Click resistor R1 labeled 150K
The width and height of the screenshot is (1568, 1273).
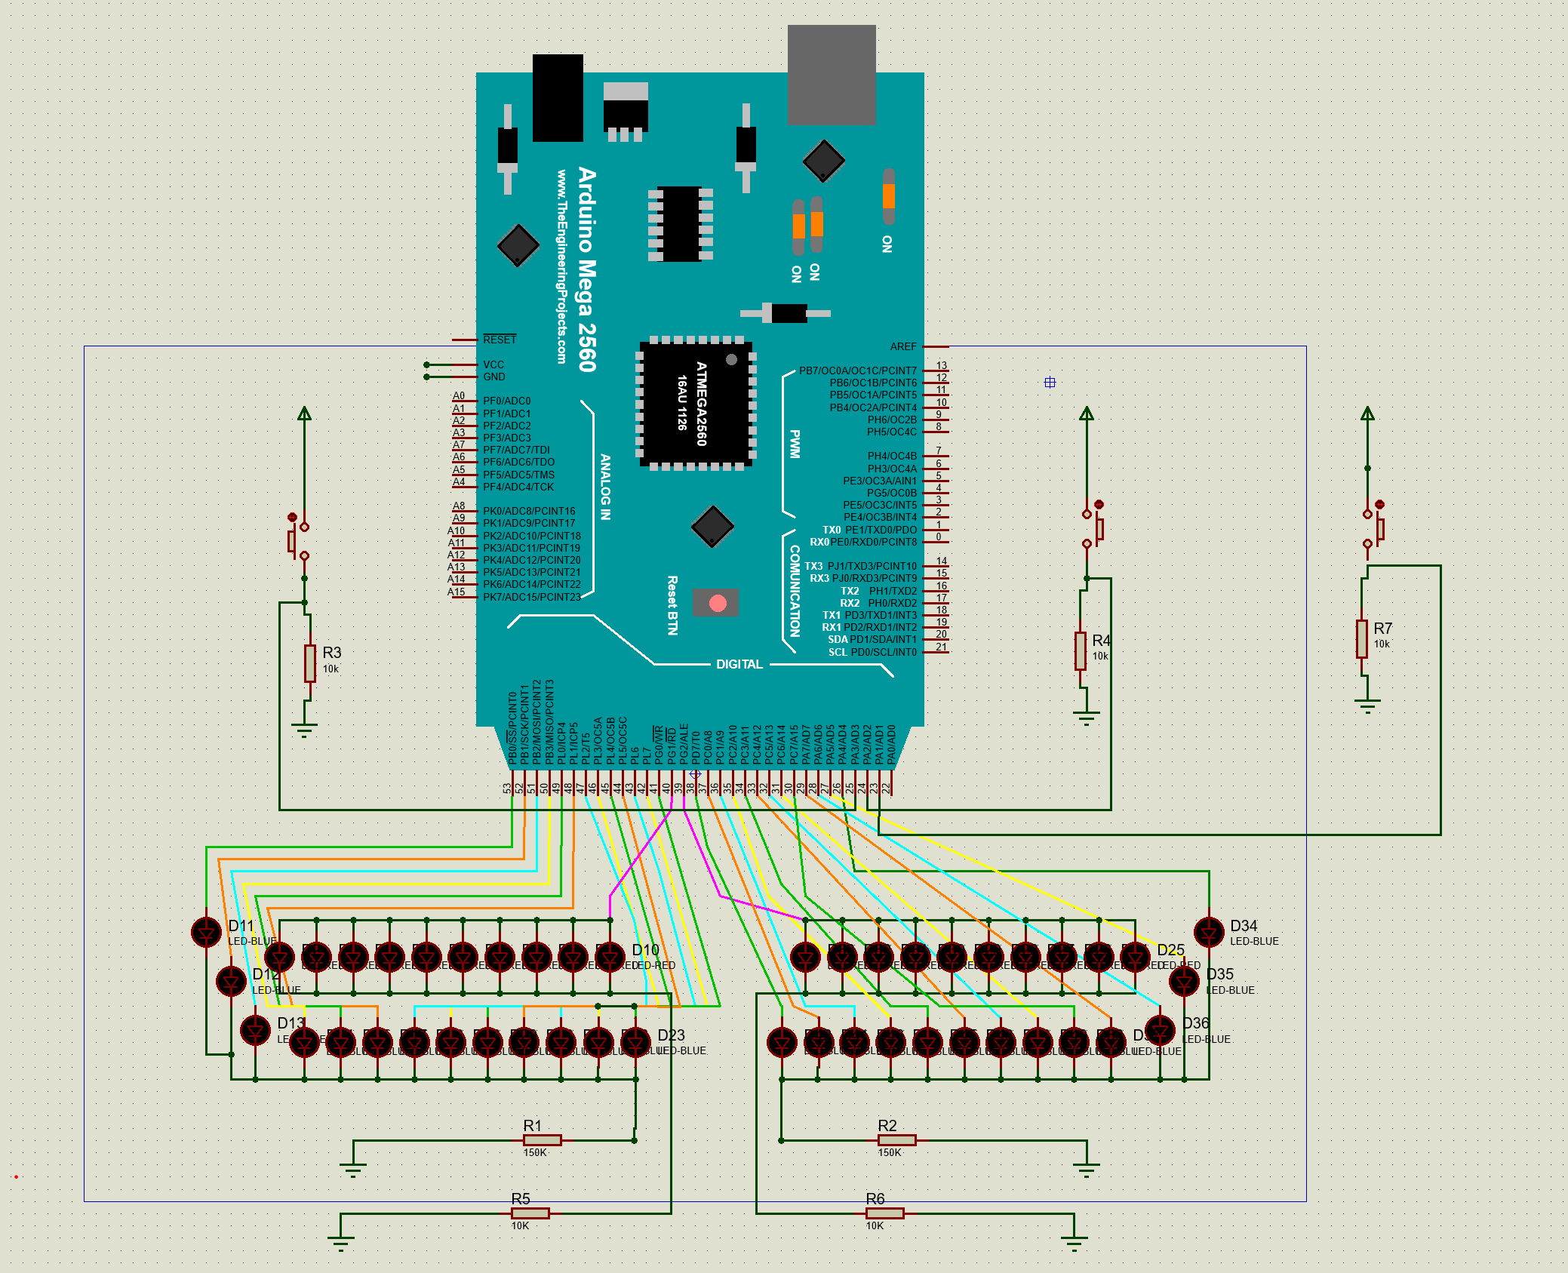click(x=542, y=1139)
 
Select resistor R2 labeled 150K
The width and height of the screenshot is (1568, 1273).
click(x=896, y=1139)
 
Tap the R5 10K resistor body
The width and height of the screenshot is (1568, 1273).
click(x=530, y=1213)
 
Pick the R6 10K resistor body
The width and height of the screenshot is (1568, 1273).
click(x=884, y=1213)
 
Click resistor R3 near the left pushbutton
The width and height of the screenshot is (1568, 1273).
click(x=309, y=663)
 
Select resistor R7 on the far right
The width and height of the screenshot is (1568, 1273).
click(x=1361, y=639)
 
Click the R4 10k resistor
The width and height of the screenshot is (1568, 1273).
click(x=1081, y=650)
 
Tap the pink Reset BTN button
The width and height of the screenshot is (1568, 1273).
click(x=718, y=603)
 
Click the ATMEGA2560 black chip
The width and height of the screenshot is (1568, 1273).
click(x=696, y=404)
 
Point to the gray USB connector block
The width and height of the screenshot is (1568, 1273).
click(x=832, y=74)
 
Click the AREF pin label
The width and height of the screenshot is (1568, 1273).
click(x=902, y=346)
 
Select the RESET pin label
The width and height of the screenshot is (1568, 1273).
click(x=500, y=340)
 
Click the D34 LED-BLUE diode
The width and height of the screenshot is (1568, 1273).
click(x=1209, y=933)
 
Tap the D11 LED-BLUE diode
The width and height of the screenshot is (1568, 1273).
click(x=206, y=933)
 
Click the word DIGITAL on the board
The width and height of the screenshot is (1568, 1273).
click(x=739, y=664)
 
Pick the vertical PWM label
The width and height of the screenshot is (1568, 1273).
click(x=795, y=444)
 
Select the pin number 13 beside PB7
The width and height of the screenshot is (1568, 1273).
click(x=941, y=365)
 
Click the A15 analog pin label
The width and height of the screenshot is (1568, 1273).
click(x=457, y=592)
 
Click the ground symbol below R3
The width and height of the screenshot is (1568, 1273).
click(x=304, y=730)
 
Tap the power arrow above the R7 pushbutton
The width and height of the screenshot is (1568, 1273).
click(x=1367, y=414)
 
